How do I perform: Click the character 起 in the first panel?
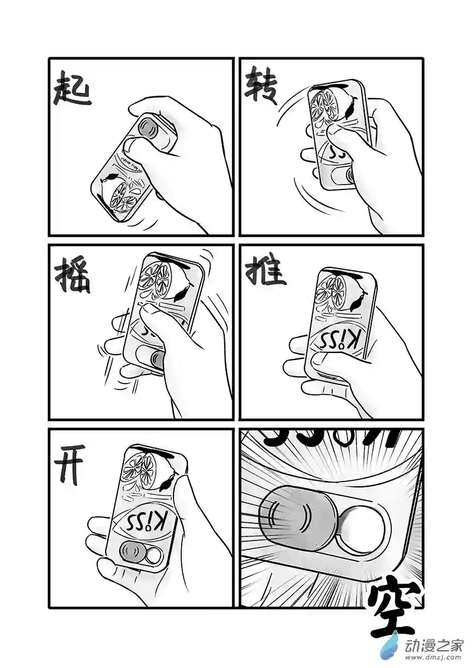(72, 90)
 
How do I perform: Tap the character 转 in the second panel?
(261, 87)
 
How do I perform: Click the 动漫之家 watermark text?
(434, 643)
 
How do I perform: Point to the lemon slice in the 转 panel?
(325, 106)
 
